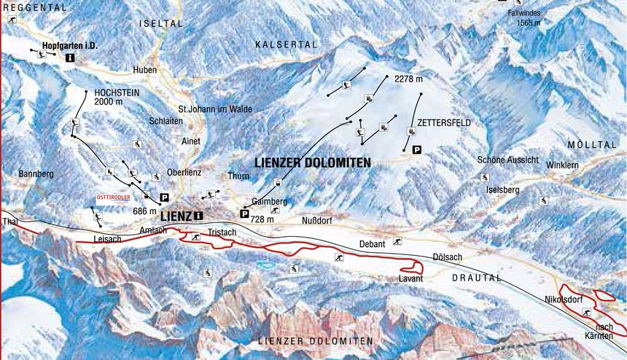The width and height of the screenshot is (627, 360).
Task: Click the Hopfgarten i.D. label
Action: click(x=70, y=46)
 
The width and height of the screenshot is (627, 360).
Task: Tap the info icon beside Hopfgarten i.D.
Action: click(x=69, y=57)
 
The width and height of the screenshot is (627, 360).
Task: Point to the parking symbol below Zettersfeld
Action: click(x=416, y=149)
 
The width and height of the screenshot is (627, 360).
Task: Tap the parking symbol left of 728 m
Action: click(x=244, y=214)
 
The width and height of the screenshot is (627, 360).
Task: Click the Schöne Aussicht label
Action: click(x=507, y=160)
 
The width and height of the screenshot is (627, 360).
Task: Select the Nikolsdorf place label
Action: click(x=566, y=300)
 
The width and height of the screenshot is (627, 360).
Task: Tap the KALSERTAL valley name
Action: click(x=287, y=45)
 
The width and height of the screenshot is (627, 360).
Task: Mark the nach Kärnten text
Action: click(x=604, y=331)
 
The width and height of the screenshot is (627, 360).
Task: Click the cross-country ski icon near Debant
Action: click(x=397, y=241)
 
